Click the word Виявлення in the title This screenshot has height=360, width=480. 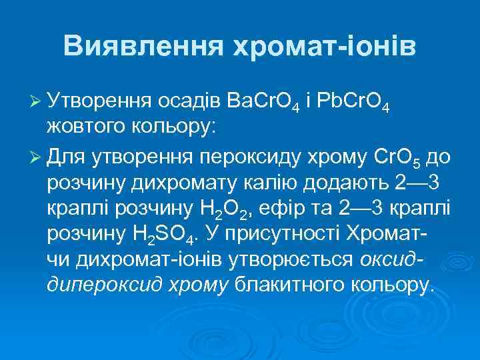click(143, 46)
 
